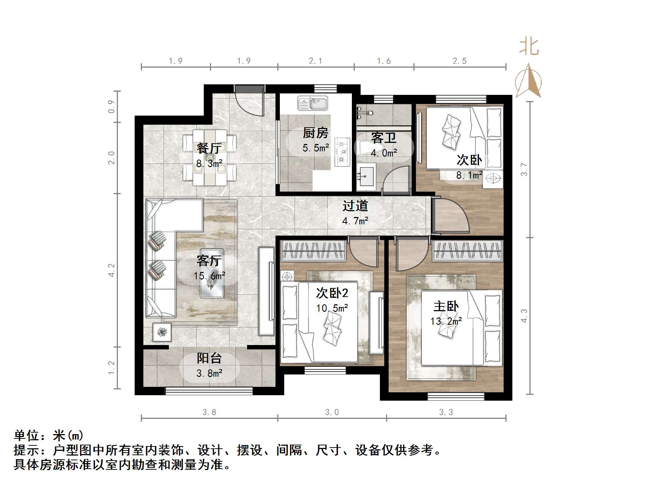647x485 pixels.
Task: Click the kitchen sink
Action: click(x=313, y=103)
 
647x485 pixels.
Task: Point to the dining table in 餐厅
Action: click(x=210, y=157)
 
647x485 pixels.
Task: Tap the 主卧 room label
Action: click(x=446, y=306)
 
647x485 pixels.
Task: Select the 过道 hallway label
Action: click(x=355, y=206)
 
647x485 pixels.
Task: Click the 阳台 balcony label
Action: click(x=209, y=358)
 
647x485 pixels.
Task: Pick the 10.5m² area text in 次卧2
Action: click(x=332, y=308)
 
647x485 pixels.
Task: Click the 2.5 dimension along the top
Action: click(x=460, y=61)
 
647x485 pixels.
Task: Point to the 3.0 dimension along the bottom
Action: click(x=332, y=412)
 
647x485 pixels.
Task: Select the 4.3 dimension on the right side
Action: click(x=524, y=316)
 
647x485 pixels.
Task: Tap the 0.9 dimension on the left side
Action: click(x=111, y=106)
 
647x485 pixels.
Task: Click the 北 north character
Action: click(x=529, y=47)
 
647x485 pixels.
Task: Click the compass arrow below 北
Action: click(x=529, y=81)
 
